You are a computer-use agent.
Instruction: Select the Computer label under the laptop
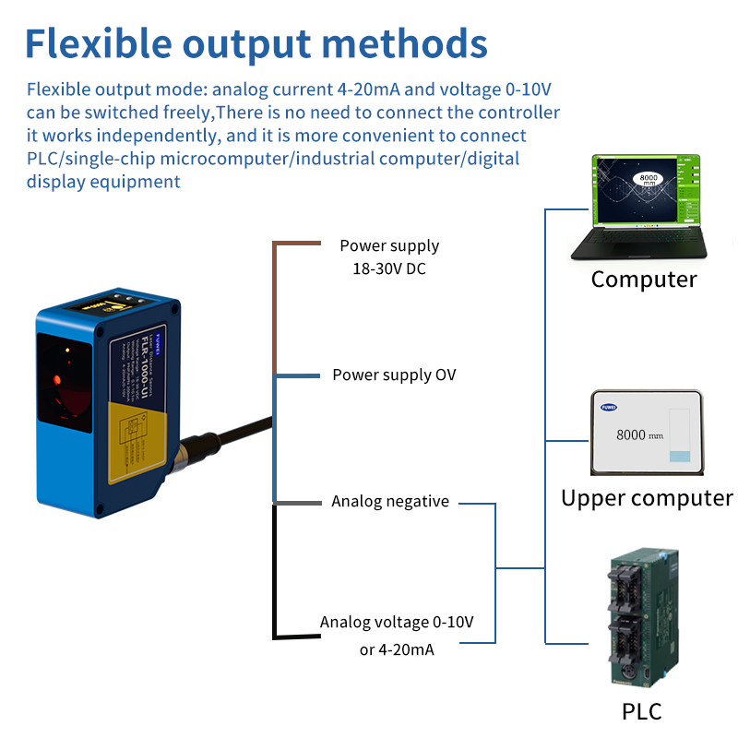pos(644,280)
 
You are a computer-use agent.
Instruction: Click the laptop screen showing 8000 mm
pos(645,190)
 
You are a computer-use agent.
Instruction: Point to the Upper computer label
pos(647,498)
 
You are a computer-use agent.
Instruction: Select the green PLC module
pos(643,617)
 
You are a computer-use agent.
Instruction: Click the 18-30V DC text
pos(389,269)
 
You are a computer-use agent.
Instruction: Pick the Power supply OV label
pos(394,375)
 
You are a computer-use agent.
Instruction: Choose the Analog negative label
pos(390,502)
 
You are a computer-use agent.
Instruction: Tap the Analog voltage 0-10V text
pos(397,622)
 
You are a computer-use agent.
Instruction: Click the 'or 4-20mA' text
pos(397,649)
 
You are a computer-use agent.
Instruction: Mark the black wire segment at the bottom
pos(274,572)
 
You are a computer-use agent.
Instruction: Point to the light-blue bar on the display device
pos(680,457)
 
